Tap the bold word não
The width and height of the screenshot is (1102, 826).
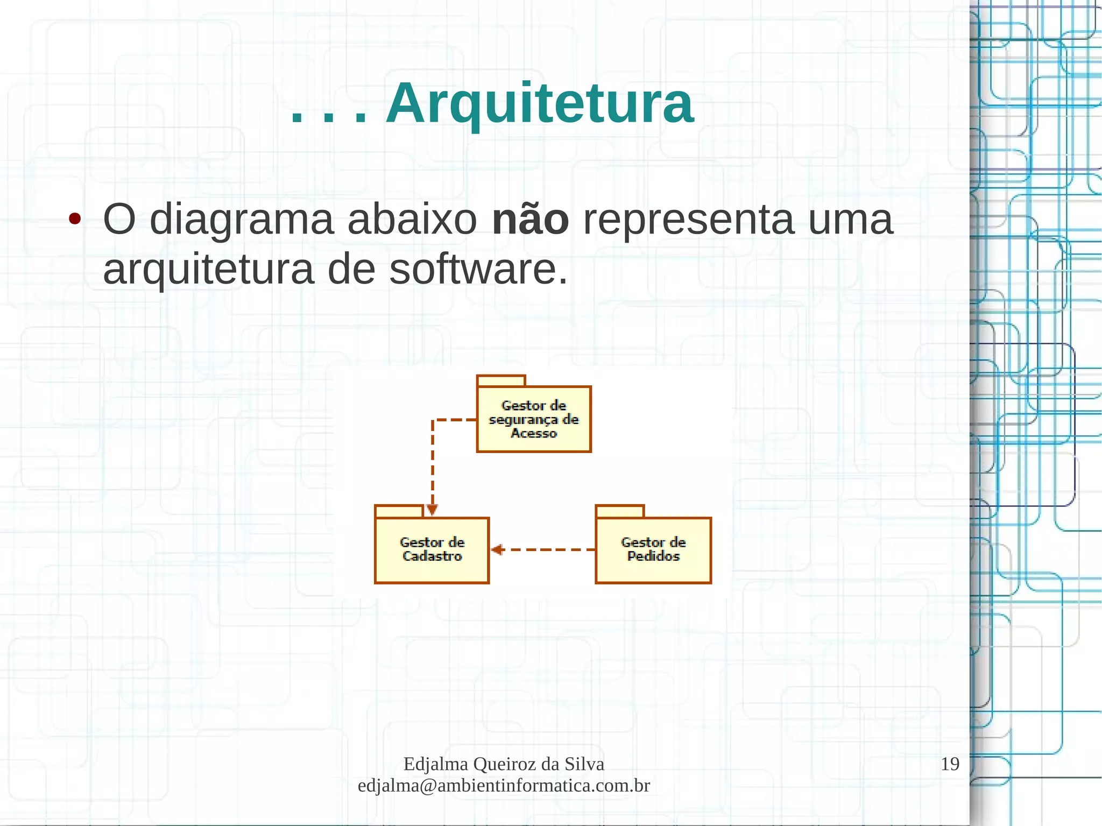click(x=530, y=220)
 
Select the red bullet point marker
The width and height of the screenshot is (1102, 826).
click(x=75, y=219)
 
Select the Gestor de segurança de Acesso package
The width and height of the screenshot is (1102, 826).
click(x=534, y=419)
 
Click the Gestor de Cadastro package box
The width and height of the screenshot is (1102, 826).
click(x=432, y=550)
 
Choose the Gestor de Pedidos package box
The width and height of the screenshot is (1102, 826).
click(x=653, y=550)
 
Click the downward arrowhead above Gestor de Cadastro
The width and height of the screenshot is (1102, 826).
click(x=432, y=509)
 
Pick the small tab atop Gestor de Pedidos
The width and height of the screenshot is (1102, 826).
click(x=620, y=511)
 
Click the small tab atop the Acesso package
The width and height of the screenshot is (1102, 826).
click(x=501, y=381)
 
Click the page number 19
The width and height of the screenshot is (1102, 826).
click(x=950, y=764)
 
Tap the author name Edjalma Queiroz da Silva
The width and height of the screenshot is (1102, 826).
click(x=504, y=764)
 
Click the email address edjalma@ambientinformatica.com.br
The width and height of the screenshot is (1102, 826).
click(x=504, y=786)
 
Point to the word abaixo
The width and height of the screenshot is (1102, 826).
click(x=412, y=220)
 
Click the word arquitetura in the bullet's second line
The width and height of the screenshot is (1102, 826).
click(x=208, y=269)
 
